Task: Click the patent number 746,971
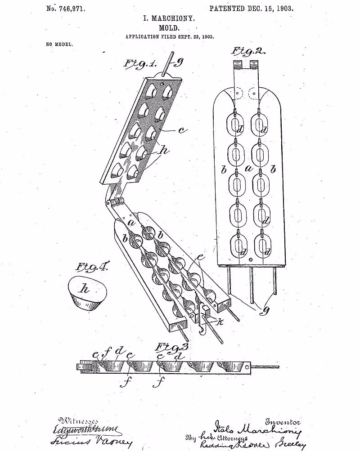click(66, 8)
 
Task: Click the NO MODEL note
click(59, 45)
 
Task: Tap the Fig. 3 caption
click(171, 347)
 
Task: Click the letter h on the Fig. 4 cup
click(84, 289)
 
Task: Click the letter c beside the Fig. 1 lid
click(182, 130)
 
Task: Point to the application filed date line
click(169, 36)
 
